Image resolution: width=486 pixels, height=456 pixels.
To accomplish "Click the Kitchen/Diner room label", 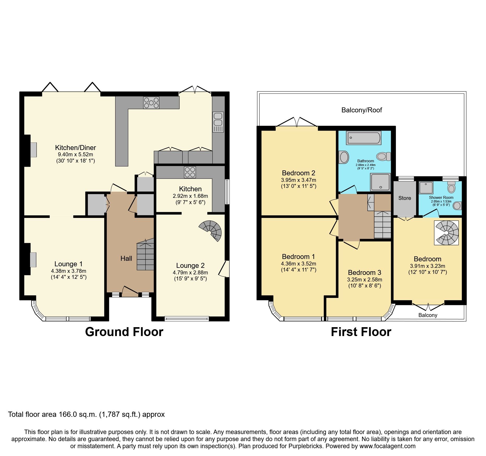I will tap(75, 148).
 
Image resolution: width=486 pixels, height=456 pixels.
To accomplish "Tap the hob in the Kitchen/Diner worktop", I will tap(151, 102).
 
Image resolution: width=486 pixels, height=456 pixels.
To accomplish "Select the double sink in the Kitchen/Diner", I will tap(218, 122).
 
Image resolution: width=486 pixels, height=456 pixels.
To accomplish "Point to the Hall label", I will tap(126, 258).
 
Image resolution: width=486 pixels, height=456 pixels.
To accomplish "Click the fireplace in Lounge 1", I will tap(33, 259).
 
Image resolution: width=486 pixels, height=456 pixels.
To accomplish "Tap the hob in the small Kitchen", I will tap(190, 172).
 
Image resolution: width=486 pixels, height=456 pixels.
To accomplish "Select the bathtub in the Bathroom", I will tap(363, 138).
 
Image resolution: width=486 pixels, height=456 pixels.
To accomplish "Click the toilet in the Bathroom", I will tap(384, 157).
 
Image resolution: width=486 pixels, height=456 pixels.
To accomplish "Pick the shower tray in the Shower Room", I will tap(426, 187).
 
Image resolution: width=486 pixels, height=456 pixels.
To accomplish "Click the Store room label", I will tap(404, 198).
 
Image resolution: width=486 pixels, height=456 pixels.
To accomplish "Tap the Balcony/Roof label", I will tap(361, 110).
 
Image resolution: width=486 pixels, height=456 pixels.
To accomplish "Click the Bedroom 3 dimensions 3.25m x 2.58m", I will tap(364, 280).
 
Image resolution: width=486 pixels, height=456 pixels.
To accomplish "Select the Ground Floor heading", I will tap(124, 332).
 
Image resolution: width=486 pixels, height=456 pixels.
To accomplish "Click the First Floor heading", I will tap(361, 332).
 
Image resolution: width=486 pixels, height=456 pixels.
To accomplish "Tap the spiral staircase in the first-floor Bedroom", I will tap(446, 233).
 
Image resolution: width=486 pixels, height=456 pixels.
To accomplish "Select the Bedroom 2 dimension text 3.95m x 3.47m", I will tap(298, 180).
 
